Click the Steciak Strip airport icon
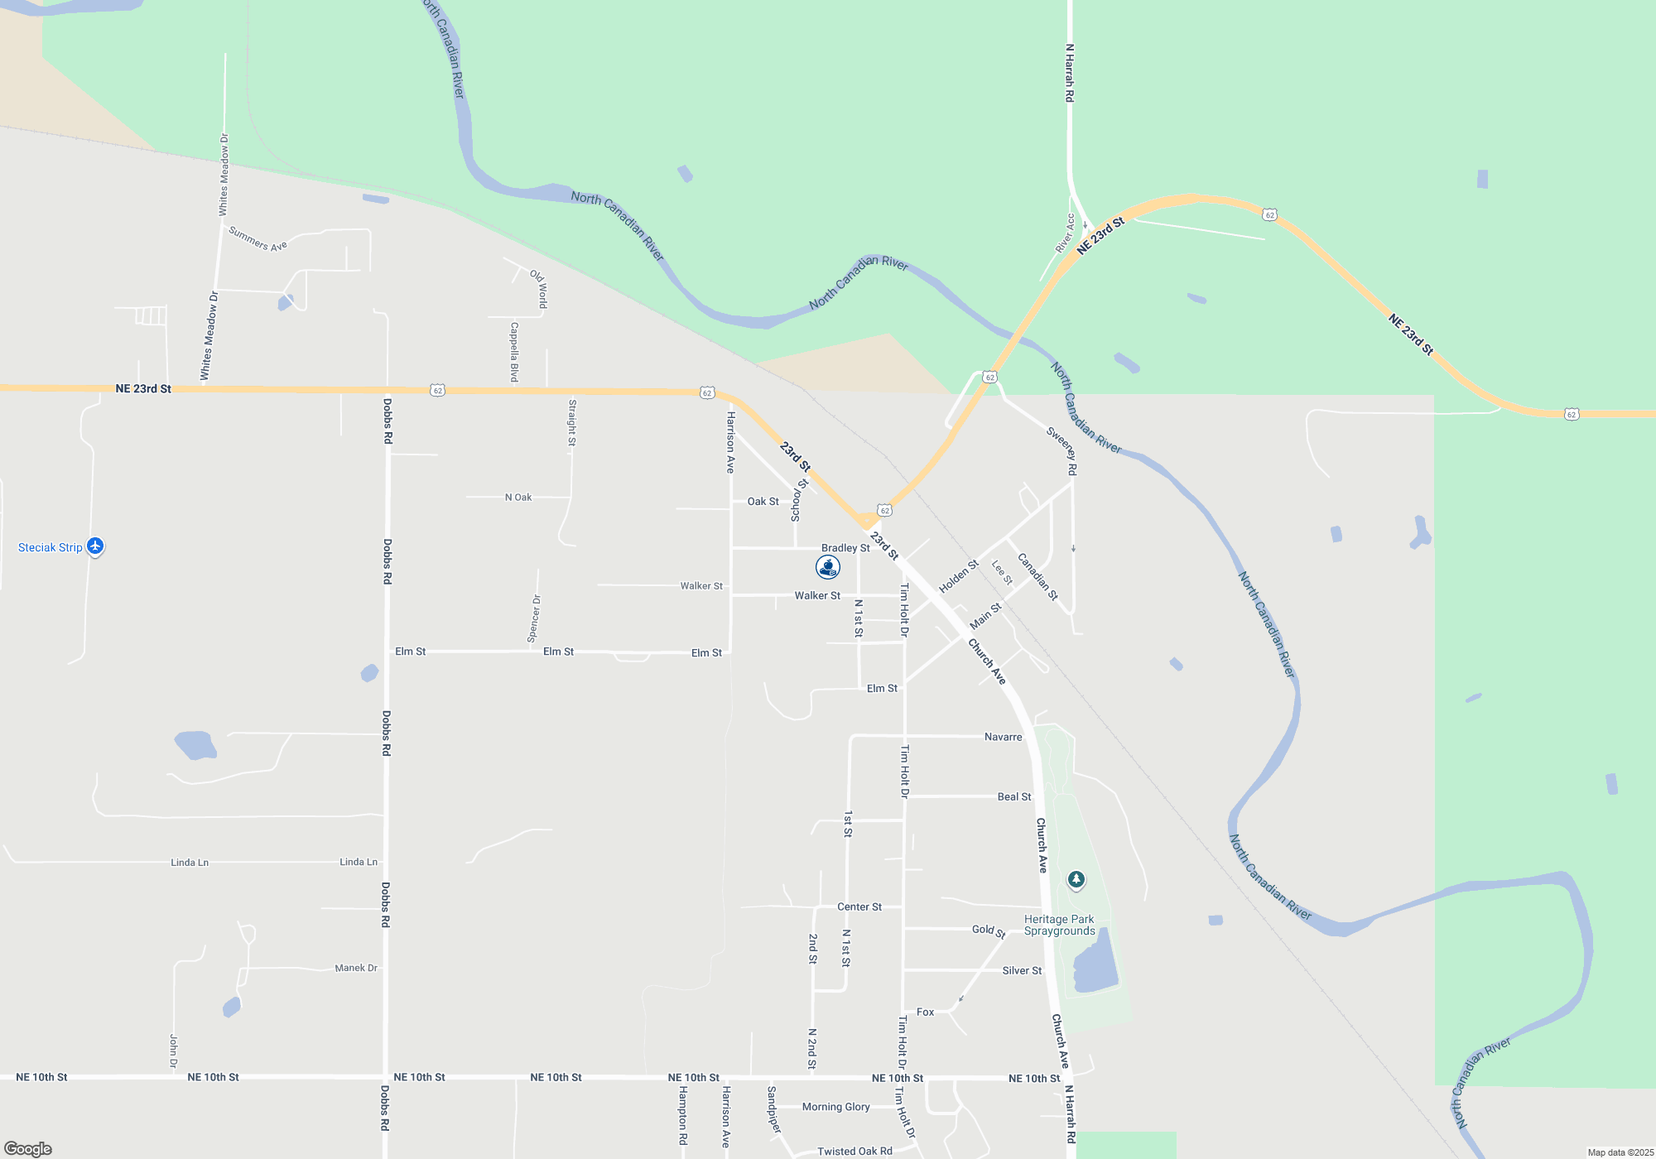coord(95,546)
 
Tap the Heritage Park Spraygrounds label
coord(1059,925)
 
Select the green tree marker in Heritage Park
coord(1076,879)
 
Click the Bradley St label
coord(845,548)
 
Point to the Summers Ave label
coord(258,238)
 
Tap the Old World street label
coord(539,288)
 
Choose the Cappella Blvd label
coord(514,352)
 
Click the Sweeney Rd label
coord(1061,450)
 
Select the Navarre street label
coord(1003,737)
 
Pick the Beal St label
coord(1014,796)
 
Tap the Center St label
coord(859,907)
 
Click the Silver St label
coord(1022,970)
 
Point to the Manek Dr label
coord(356,968)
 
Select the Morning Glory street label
coord(835,1107)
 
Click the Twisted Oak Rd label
coord(854,1151)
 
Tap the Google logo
coord(28,1149)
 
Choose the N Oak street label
coord(518,498)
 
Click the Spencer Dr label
coord(534,618)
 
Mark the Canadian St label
coord(1037,576)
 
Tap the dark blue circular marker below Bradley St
coord(828,567)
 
